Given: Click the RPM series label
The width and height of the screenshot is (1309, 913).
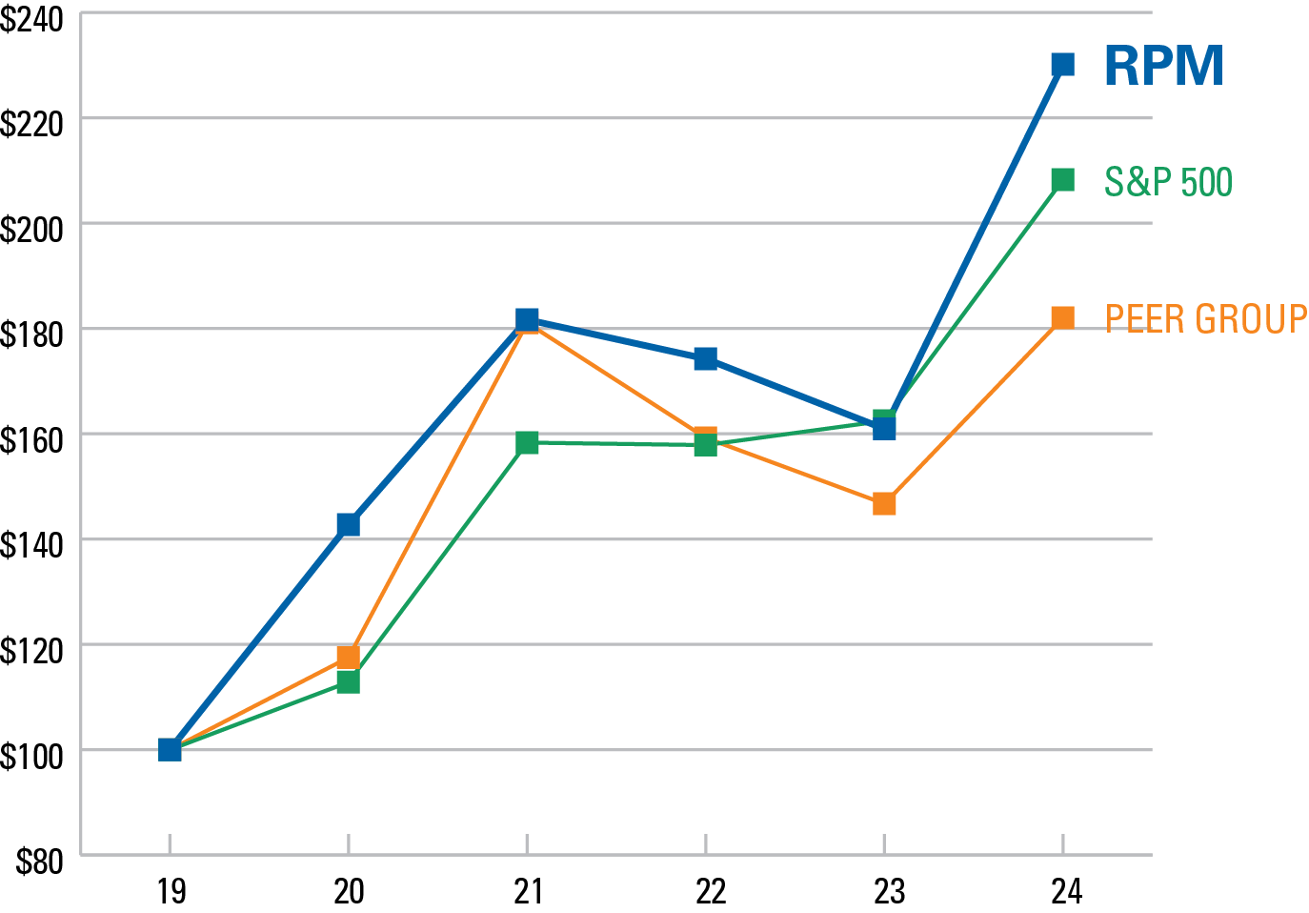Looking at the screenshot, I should click(x=1163, y=67).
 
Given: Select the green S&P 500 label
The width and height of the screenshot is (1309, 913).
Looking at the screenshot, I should click(x=1168, y=182).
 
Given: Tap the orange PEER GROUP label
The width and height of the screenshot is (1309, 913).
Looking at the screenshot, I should click(x=1205, y=319).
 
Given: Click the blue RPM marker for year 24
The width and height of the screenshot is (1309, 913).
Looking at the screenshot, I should click(x=1062, y=65).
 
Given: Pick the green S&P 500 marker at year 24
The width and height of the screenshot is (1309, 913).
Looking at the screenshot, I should click(x=1062, y=180).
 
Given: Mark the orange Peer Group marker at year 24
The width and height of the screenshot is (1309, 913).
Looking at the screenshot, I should click(x=1062, y=317).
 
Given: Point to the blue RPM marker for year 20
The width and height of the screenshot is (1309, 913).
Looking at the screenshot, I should click(x=348, y=525).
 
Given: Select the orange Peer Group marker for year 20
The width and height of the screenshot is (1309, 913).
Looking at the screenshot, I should click(x=348, y=657).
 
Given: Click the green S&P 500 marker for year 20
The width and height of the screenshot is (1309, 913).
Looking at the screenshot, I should click(x=348, y=682).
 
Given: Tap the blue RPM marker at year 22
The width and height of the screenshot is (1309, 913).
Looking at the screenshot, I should click(x=705, y=359).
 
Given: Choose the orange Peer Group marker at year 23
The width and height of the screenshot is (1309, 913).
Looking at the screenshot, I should click(x=884, y=503).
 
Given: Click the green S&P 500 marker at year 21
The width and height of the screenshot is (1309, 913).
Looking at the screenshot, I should click(x=527, y=442).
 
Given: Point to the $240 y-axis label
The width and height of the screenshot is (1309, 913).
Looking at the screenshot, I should click(x=32, y=20).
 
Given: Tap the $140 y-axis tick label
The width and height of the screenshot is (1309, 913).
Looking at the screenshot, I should click(x=32, y=545).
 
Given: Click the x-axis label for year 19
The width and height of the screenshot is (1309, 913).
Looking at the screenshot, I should click(x=171, y=891).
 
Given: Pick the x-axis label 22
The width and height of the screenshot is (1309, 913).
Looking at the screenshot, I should click(x=710, y=891).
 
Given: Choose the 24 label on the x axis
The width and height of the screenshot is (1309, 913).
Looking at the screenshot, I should click(x=1066, y=891).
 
